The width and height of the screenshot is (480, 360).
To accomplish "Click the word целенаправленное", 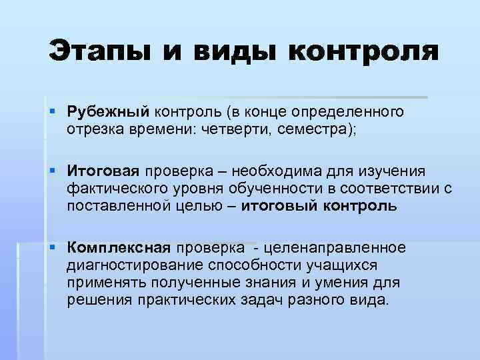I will click(335, 249).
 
